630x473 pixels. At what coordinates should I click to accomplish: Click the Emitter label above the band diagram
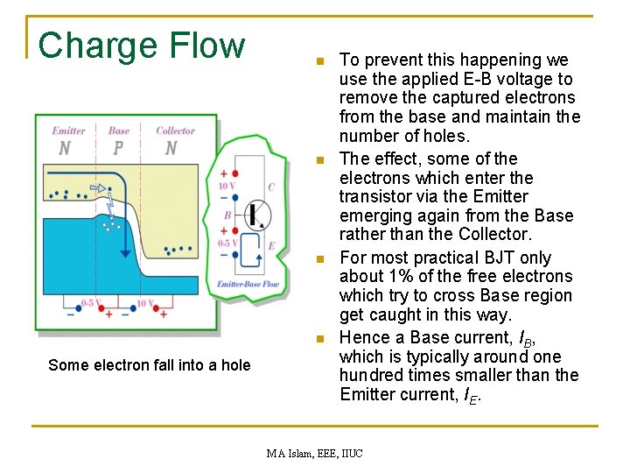coord(68,131)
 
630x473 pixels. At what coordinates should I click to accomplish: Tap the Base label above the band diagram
coord(119,131)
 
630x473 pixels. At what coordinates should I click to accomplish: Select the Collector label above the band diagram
coord(175,131)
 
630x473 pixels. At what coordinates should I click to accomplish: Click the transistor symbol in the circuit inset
coord(257,215)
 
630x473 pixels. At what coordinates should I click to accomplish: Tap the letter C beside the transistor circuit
coord(271,187)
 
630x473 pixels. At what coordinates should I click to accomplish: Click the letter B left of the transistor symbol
coord(227,215)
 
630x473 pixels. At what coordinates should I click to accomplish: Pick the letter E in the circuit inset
coord(271,246)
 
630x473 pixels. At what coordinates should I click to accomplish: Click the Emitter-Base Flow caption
coord(248,284)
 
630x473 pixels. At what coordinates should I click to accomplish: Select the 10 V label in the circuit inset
coord(226,186)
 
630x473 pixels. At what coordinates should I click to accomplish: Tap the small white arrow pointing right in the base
coord(99,187)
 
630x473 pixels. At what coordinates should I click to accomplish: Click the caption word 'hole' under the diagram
coord(234,365)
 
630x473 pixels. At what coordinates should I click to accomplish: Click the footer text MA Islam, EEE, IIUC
coord(314,452)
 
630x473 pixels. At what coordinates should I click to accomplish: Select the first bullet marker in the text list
coord(320,62)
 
